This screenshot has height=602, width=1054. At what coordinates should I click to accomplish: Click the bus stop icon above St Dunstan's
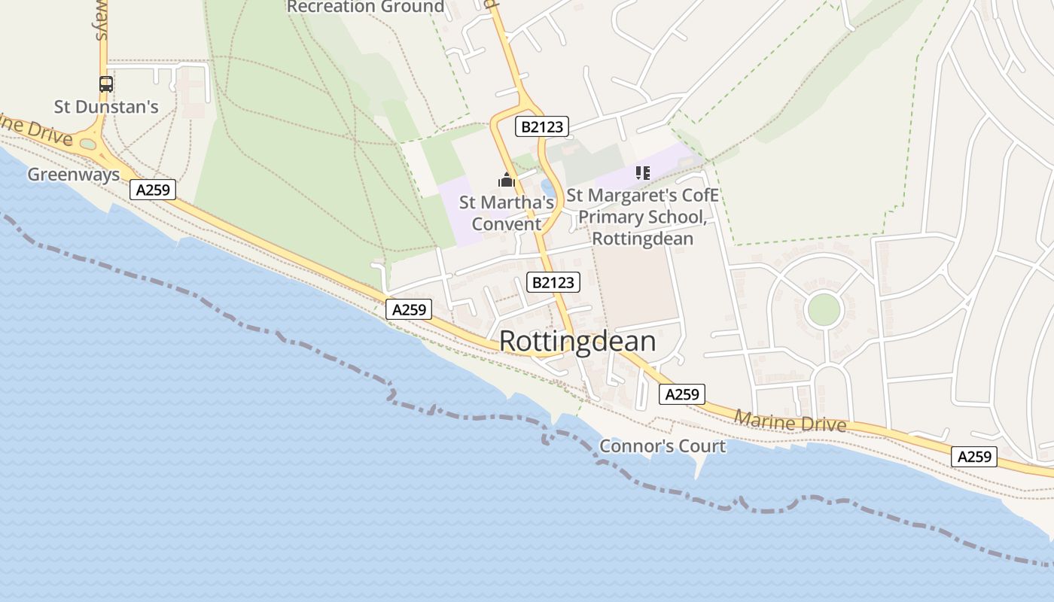pos(106,84)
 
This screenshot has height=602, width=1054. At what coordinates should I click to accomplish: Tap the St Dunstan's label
pos(106,107)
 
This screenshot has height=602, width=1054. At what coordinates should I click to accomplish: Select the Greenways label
pos(74,175)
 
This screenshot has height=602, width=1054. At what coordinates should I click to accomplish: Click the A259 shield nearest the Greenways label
pos(153,190)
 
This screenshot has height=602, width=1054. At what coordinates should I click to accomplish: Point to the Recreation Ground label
pos(366,8)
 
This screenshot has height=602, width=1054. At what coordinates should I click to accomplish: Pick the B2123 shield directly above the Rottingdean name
pos(553,282)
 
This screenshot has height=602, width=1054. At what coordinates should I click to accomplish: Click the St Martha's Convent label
pos(507,213)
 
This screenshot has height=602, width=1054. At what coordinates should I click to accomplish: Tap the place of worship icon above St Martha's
pos(507,180)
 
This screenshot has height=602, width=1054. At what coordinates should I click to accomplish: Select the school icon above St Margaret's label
pos(642,174)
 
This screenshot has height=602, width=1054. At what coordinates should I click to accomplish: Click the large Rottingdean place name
pos(577,342)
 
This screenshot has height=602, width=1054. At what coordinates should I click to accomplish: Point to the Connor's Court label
pos(663,446)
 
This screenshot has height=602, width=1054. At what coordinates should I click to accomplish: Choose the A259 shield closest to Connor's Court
pos(682,394)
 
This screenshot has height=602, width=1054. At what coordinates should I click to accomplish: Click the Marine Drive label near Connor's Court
pos(790,421)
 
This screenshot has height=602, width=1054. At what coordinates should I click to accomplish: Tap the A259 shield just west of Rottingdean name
pos(410,309)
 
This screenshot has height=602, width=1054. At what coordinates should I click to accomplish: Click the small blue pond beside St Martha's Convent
pos(548,188)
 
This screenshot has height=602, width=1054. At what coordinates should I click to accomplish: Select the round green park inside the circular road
pos(824,309)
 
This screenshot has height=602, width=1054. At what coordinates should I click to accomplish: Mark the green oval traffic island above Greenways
pos(88,144)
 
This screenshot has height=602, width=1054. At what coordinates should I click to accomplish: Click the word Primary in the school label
pos(611,217)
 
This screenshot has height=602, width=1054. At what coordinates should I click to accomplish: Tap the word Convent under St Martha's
pos(507,224)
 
